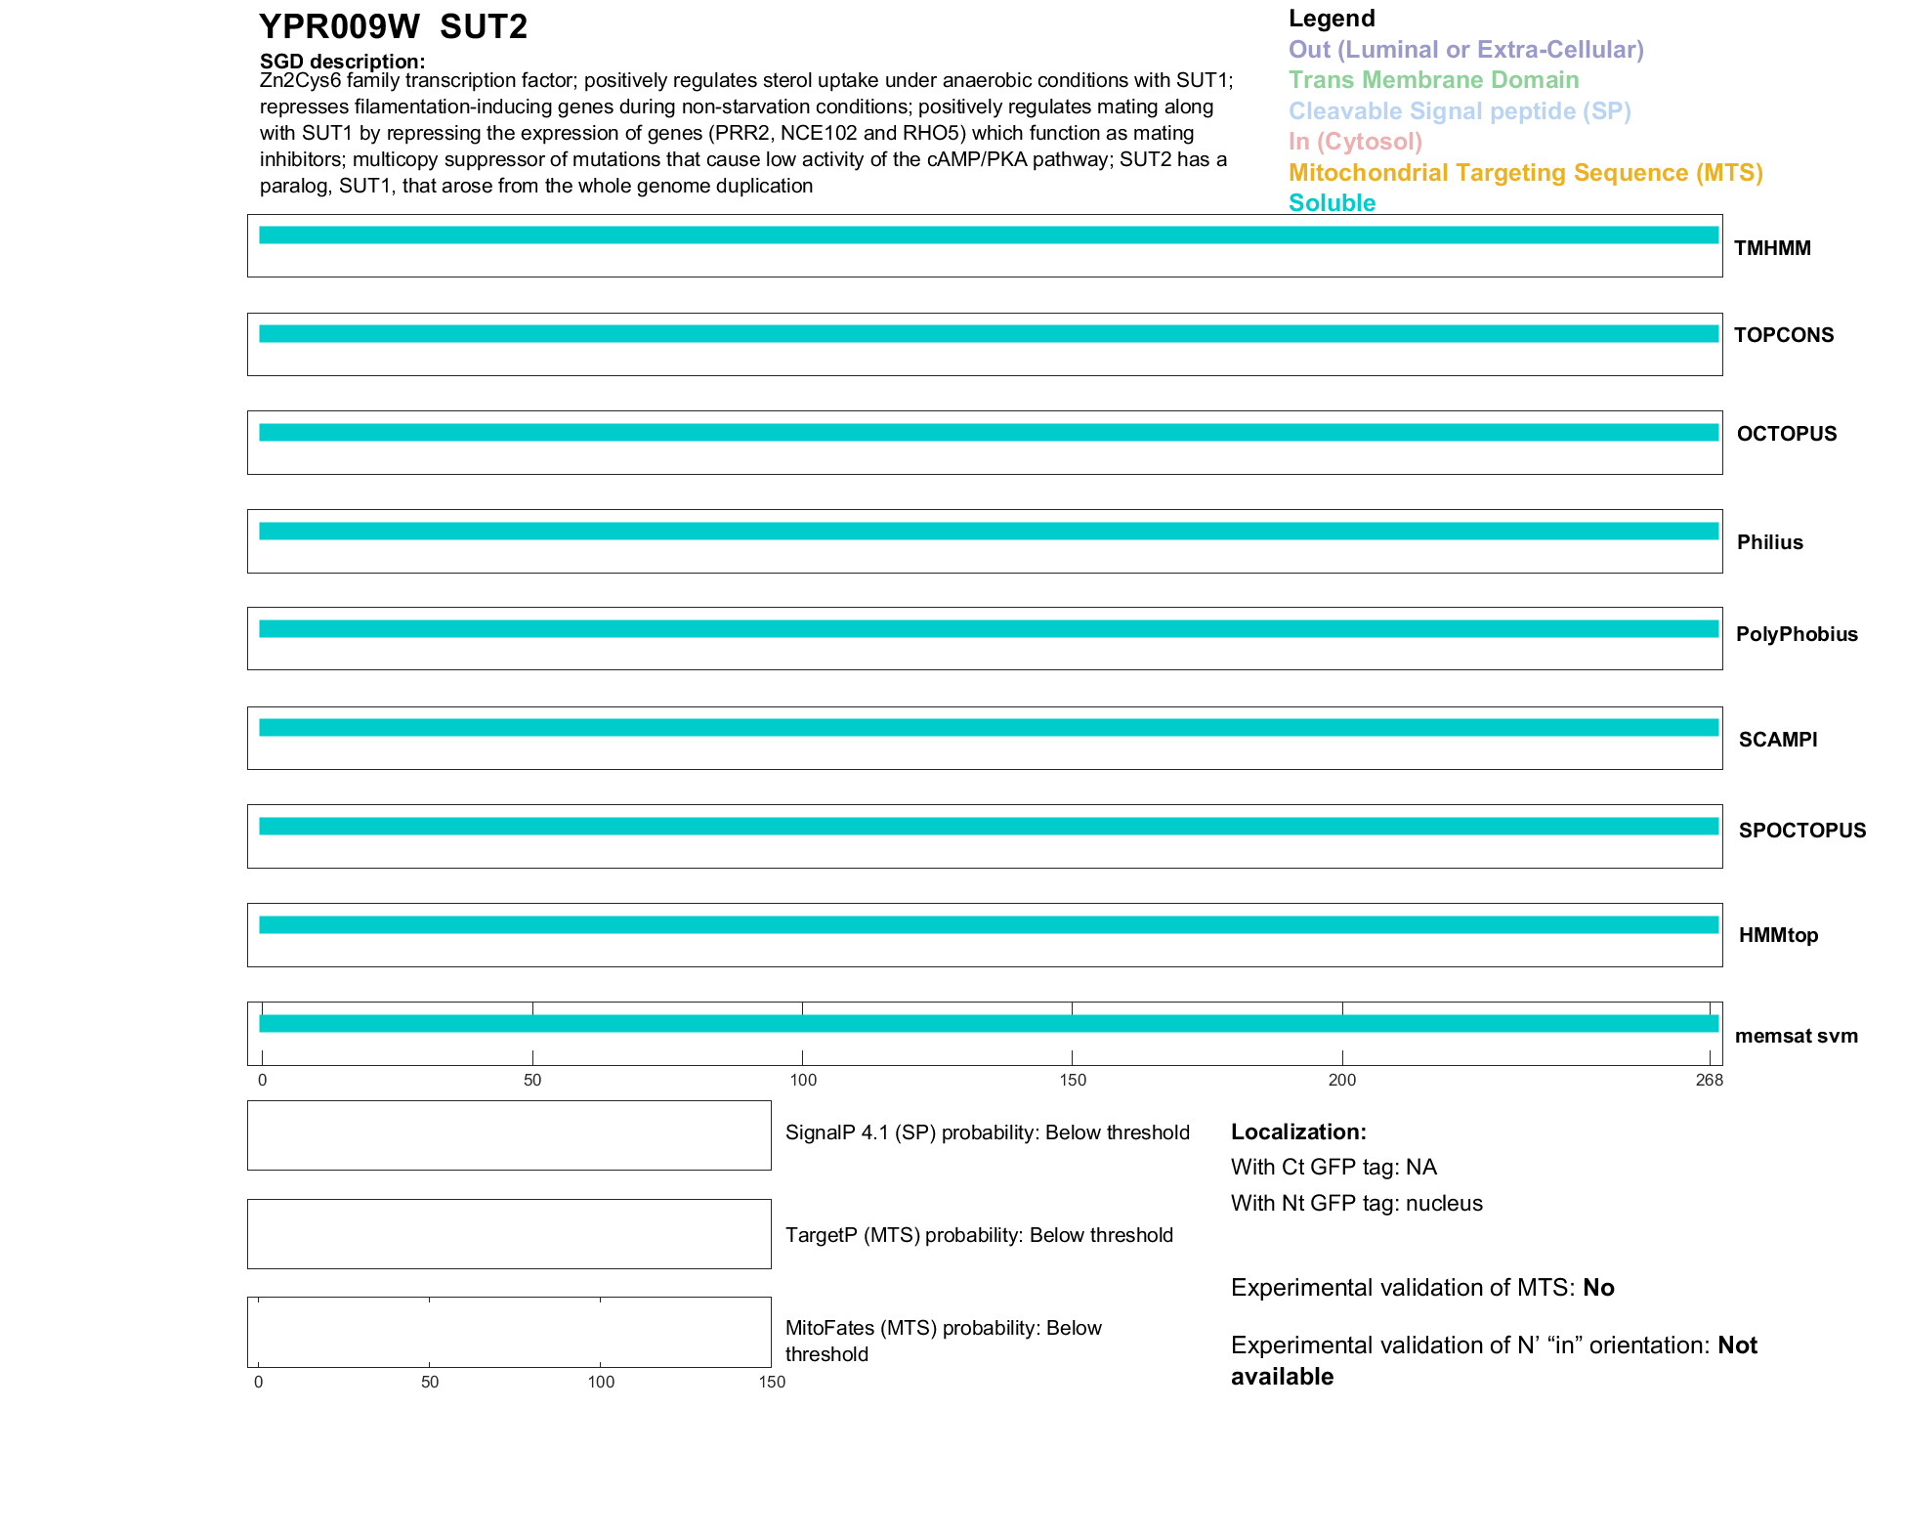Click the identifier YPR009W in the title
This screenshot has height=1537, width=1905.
(x=339, y=27)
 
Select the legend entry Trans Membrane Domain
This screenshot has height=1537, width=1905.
(x=1433, y=80)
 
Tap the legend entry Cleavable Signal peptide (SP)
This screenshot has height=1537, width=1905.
(x=1460, y=111)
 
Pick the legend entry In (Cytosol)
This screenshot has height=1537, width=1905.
(x=1355, y=142)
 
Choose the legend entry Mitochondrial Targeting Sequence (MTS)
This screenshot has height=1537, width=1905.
(x=1525, y=173)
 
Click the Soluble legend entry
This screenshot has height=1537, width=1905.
(x=1332, y=203)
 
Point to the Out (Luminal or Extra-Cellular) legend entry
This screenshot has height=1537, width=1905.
(x=1465, y=50)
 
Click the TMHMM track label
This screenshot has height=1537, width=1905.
(x=1772, y=248)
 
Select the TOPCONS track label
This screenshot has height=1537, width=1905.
(x=1784, y=335)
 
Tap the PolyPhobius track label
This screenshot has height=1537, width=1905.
(x=1797, y=634)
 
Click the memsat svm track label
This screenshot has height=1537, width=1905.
(x=1796, y=1036)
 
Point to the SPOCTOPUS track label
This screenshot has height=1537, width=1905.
(x=1801, y=831)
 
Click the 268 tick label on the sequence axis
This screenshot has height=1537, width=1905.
(x=1710, y=1080)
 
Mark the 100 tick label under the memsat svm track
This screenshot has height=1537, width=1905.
(x=803, y=1080)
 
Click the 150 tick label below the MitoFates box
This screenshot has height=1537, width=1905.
(x=772, y=1382)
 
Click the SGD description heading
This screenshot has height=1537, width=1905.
(x=342, y=62)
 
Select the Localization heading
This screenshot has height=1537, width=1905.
(x=1298, y=1131)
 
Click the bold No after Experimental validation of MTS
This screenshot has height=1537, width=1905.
(x=1598, y=1288)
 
